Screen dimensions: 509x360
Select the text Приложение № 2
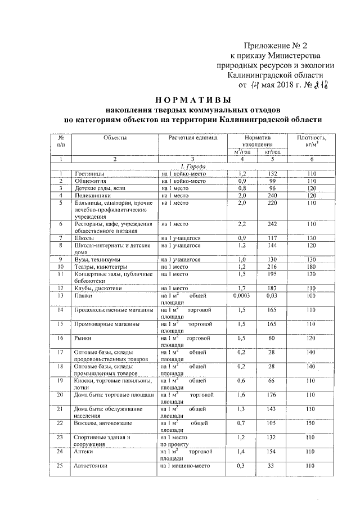coord(276,45)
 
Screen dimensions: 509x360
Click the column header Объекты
coord(115,138)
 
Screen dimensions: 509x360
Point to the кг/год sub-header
coord(272,152)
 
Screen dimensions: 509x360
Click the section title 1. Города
coord(192,167)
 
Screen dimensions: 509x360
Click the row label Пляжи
coord(83,295)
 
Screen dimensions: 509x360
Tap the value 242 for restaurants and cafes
coord(273,224)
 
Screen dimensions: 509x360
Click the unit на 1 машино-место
coord(189,466)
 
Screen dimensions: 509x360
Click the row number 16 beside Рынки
coord(60,339)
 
